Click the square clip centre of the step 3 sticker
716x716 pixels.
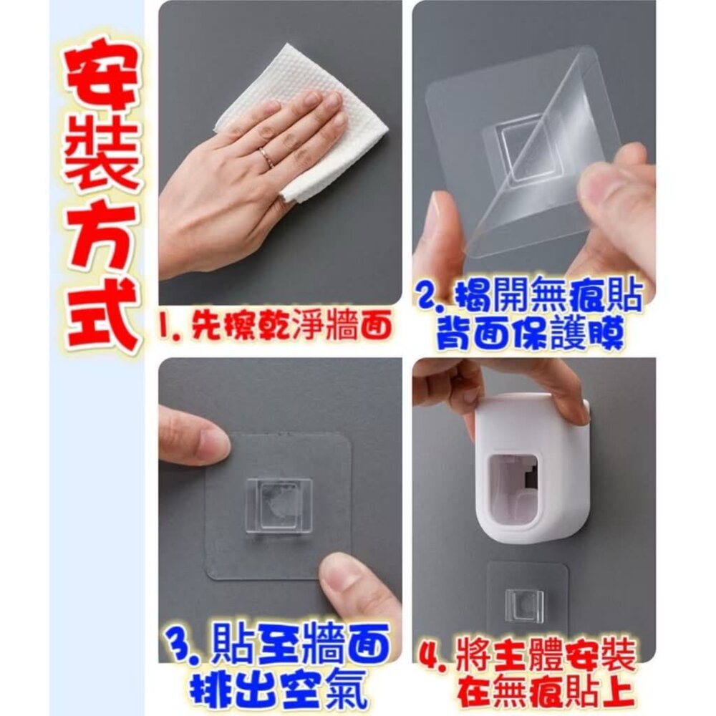(279, 505)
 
